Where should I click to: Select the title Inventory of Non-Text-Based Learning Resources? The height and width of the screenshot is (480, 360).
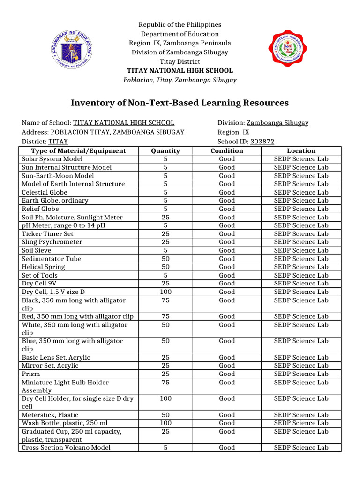pyautogui.click(x=180, y=103)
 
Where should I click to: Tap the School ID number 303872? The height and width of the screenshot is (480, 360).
pyautogui.click(x=262, y=141)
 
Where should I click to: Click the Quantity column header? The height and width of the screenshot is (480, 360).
pyautogui.click(x=165, y=150)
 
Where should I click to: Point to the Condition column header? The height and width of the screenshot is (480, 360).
pyautogui.click(x=227, y=150)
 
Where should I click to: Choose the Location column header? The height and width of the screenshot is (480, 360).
pyautogui.click(x=301, y=150)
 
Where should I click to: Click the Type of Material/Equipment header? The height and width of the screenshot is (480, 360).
pyautogui.click(x=78, y=150)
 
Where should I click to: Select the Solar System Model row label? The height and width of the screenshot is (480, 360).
pyautogui.click(x=52, y=159)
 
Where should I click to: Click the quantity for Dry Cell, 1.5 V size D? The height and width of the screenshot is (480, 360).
pyautogui.click(x=165, y=292)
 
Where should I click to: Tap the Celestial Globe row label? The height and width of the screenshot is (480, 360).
pyautogui.click(x=45, y=192)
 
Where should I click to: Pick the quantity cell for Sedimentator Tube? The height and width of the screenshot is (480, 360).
pyautogui.click(x=165, y=259)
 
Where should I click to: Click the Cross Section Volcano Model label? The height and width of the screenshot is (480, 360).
pyautogui.click(x=66, y=448)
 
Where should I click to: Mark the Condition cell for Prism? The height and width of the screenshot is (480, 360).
pyautogui.click(x=227, y=374)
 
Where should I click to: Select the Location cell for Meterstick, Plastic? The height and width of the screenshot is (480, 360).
pyautogui.click(x=301, y=415)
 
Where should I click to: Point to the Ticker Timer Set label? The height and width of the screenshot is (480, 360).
pyautogui.click(x=47, y=233)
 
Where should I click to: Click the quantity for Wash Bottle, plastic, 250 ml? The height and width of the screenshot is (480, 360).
pyautogui.click(x=165, y=423)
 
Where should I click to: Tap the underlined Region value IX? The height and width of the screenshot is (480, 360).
pyautogui.click(x=246, y=132)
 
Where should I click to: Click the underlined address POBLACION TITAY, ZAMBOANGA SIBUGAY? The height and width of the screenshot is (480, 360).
pyautogui.click(x=117, y=132)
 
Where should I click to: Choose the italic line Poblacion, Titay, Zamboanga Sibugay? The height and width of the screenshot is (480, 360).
pyautogui.click(x=180, y=80)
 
